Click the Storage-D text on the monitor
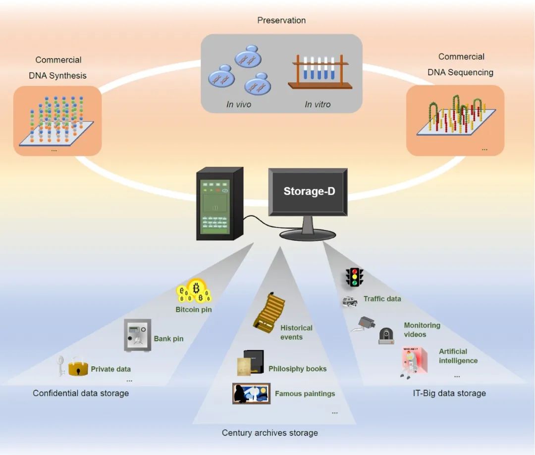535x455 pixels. [309, 191]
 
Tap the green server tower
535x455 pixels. [219, 204]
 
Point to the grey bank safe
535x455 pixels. [137, 336]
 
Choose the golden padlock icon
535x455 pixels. [78, 367]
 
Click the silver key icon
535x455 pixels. [61, 365]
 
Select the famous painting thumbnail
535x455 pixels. [251, 394]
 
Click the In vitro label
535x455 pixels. [318, 105]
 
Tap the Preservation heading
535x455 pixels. [281, 20]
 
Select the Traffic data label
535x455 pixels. [382, 299]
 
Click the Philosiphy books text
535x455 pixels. [297, 369]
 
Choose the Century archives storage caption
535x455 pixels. [269, 433]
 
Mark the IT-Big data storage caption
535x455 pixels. [449, 393]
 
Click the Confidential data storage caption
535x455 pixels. [81, 393]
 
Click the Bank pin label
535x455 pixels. [168, 339]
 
